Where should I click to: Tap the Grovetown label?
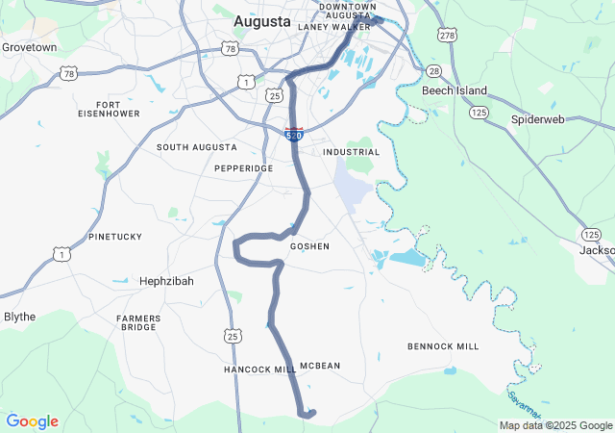click(x=29, y=46)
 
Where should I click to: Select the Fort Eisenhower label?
click(x=108, y=109)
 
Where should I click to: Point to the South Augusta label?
click(x=197, y=147)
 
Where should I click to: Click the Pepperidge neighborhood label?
click(x=243, y=167)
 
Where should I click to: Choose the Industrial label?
click(x=352, y=152)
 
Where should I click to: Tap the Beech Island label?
click(x=455, y=90)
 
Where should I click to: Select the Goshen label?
click(x=309, y=246)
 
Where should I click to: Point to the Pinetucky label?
click(x=114, y=236)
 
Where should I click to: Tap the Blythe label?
click(x=20, y=317)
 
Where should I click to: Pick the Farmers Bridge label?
click(x=136, y=322)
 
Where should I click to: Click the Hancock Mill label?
click(x=260, y=369)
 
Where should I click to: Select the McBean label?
click(x=320, y=366)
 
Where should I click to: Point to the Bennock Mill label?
click(x=443, y=345)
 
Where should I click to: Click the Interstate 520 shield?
click(x=294, y=134)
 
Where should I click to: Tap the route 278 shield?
click(x=447, y=37)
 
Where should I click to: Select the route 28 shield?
click(x=434, y=72)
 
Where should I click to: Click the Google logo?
click(x=33, y=421)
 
